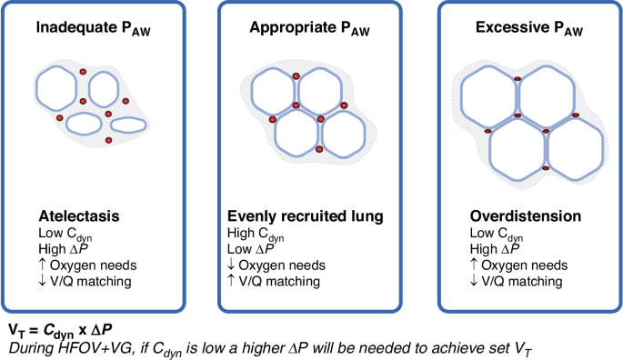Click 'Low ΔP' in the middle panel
click(251, 249)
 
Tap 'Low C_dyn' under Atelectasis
click(65, 234)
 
